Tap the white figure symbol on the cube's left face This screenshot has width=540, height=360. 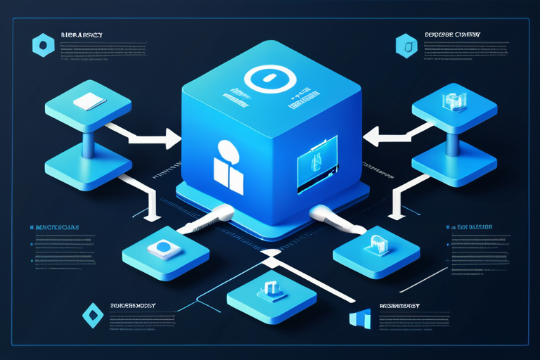229,167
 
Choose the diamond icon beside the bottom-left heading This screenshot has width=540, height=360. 93,314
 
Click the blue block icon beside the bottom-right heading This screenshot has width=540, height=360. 359,317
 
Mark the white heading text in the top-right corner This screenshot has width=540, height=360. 453,32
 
